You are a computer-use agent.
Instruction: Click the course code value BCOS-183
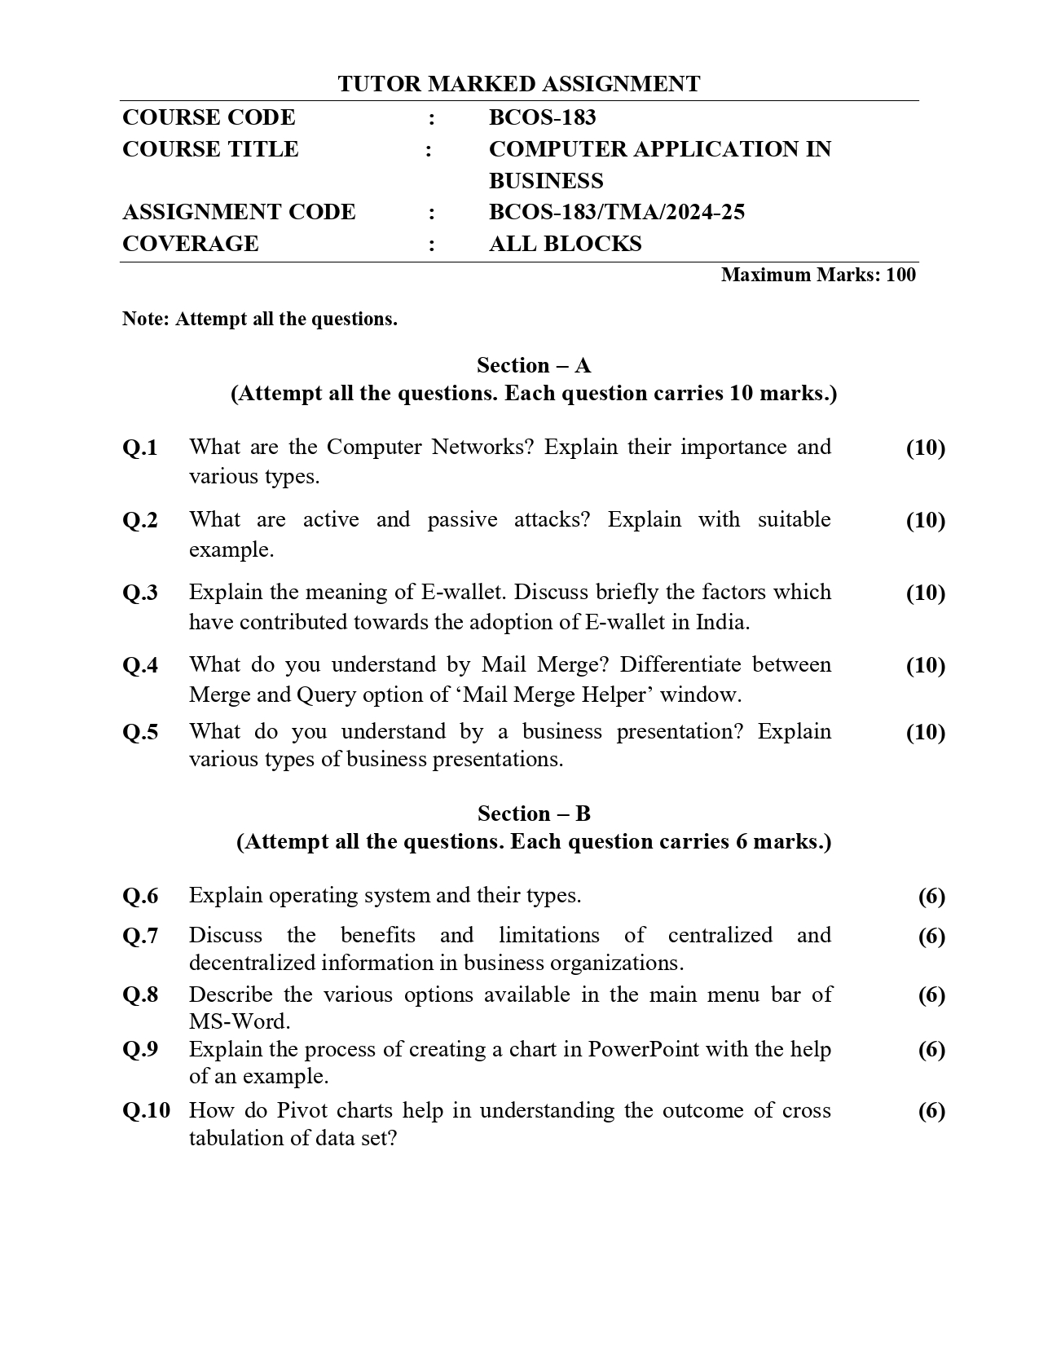click(x=542, y=117)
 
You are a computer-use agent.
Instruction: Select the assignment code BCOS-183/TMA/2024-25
click(x=616, y=213)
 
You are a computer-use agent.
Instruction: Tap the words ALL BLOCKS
click(x=565, y=244)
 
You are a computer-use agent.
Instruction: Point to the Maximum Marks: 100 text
click(x=817, y=275)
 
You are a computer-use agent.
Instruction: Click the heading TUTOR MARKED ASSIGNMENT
click(x=519, y=84)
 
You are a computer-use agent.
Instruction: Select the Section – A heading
click(x=534, y=364)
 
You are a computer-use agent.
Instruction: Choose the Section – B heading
click(x=534, y=813)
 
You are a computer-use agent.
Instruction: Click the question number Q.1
click(x=140, y=448)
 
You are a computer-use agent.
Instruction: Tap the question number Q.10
click(x=147, y=1110)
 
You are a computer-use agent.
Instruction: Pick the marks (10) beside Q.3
click(x=925, y=593)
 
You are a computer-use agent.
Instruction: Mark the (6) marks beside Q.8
click(x=931, y=994)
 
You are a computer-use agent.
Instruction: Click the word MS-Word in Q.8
click(x=239, y=1021)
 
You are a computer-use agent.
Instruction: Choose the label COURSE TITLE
click(x=210, y=149)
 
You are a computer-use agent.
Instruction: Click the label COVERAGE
click(x=190, y=244)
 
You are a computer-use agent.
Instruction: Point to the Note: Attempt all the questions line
click(x=259, y=319)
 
